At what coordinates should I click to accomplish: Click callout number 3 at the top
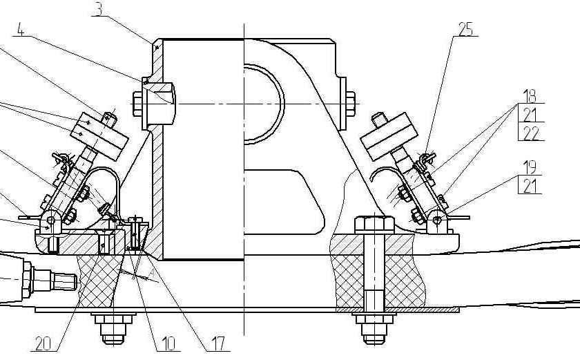click(99, 10)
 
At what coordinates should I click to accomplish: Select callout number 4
click(21, 30)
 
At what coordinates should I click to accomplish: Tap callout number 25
click(465, 29)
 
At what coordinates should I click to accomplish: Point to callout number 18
click(530, 96)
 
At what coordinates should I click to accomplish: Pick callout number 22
click(531, 133)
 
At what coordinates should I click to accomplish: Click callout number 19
click(530, 168)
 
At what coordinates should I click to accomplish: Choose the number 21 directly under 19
click(530, 186)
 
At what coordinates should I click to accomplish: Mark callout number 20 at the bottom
click(43, 344)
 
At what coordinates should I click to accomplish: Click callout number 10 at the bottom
click(168, 344)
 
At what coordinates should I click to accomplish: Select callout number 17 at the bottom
click(217, 344)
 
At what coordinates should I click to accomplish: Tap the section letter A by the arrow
click(151, 274)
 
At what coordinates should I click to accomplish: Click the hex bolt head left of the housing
click(137, 104)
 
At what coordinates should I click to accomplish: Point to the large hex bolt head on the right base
click(374, 225)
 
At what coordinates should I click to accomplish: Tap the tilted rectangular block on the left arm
click(99, 137)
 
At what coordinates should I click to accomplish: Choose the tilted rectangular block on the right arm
click(389, 137)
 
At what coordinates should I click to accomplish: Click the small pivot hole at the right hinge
click(437, 221)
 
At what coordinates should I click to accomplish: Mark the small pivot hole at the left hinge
click(51, 221)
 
